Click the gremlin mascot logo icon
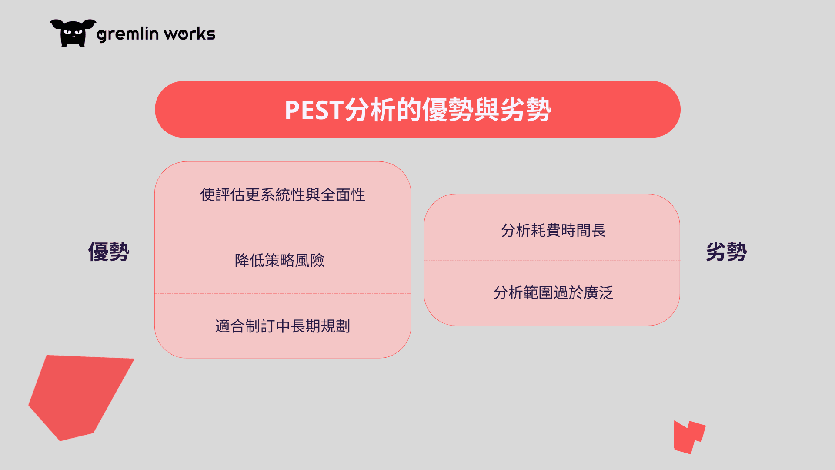pyautogui.click(x=73, y=33)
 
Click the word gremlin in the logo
pyautogui.click(x=127, y=34)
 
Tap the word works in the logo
pyautogui.click(x=190, y=34)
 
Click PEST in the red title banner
pyautogui.click(x=314, y=110)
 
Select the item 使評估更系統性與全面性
pyautogui.click(x=283, y=195)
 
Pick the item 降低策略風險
pyautogui.click(x=280, y=260)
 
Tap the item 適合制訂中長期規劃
pyautogui.click(x=283, y=326)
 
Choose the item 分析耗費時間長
pyautogui.click(x=553, y=230)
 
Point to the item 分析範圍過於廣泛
pyautogui.click(x=553, y=292)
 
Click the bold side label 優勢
pyautogui.click(x=109, y=252)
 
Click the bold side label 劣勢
pyautogui.click(x=726, y=252)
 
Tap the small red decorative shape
pyautogui.click(x=688, y=437)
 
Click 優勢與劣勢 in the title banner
pyautogui.click(x=487, y=110)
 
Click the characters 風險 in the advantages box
pyautogui.click(x=310, y=260)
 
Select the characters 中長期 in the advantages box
pyautogui.click(x=298, y=326)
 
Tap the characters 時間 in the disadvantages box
pyautogui.click(x=576, y=230)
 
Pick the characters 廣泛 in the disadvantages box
pyautogui.click(x=598, y=292)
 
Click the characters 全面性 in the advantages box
pyautogui.click(x=343, y=195)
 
